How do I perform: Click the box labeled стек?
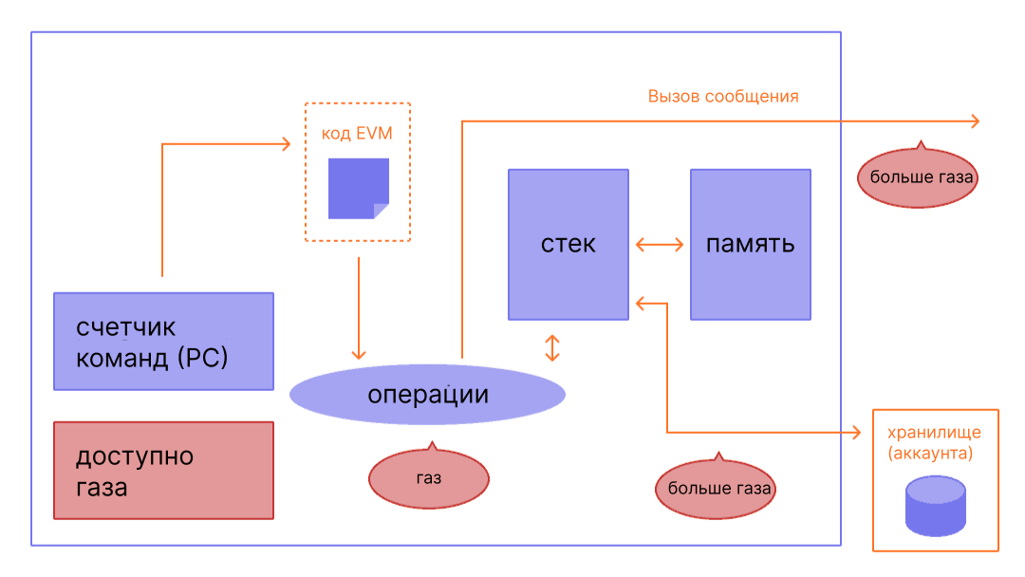click(x=568, y=244)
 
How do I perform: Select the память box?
click(x=750, y=244)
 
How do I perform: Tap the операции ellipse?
click(x=427, y=394)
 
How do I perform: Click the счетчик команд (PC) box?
click(x=163, y=341)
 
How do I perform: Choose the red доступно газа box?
click(x=163, y=471)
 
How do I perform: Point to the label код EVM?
click(x=357, y=134)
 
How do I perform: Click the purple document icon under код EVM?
click(x=358, y=188)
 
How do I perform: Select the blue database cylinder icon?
click(x=935, y=506)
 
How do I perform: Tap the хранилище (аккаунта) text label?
click(x=934, y=443)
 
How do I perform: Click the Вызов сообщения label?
click(x=723, y=97)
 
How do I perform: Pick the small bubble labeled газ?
click(x=428, y=478)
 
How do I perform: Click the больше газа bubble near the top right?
click(x=917, y=177)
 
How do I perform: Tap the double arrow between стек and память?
click(x=659, y=245)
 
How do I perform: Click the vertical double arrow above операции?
click(x=552, y=347)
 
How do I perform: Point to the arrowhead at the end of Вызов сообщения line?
click(x=974, y=121)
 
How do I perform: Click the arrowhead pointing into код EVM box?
click(x=284, y=143)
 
